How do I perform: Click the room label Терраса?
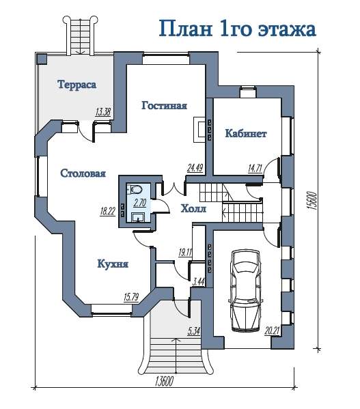(77, 85)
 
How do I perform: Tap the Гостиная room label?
(165, 105)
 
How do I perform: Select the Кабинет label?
(246, 133)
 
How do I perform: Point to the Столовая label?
(83, 173)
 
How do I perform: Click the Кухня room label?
(113, 264)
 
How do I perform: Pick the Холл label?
(193, 208)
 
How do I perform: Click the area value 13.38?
(103, 112)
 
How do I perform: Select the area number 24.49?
(195, 168)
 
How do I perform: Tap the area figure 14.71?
(255, 168)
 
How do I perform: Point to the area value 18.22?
(108, 211)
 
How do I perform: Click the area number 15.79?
(131, 297)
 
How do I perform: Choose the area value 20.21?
(272, 331)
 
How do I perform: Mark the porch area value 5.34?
(194, 331)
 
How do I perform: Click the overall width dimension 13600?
(164, 381)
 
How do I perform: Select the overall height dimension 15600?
(312, 201)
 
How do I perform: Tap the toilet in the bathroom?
(136, 189)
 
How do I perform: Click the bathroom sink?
(138, 217)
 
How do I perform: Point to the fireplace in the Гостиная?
(199, 129)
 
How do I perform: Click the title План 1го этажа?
(238, 28)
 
